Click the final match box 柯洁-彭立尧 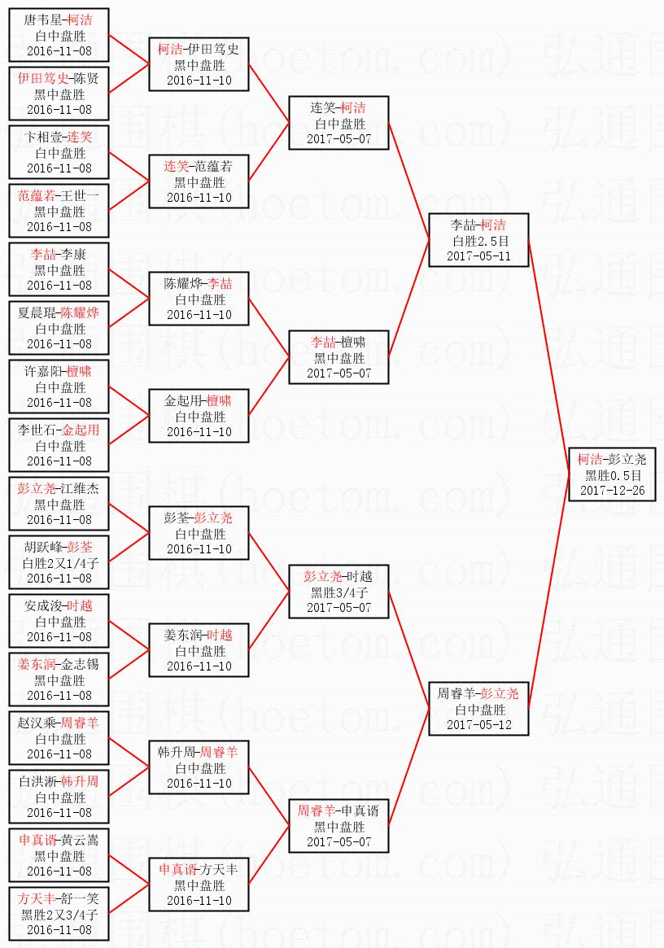point(612,475)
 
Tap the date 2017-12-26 point(612,491)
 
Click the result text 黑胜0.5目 point(613,476)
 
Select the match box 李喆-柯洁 point(478,240)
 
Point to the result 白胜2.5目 point(479,241)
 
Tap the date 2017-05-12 point(479,724)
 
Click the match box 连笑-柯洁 point(339,123)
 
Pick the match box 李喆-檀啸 point(339,357)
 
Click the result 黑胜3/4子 point(339,592)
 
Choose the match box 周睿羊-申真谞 point(339,826)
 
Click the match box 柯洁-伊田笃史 point(199,64)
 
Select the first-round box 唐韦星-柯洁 point(59,35)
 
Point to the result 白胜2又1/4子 point(59,563)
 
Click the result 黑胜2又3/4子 point(59,915)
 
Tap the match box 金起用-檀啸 point(199,416)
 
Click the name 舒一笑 point(81,898)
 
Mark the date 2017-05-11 point(479,256)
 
